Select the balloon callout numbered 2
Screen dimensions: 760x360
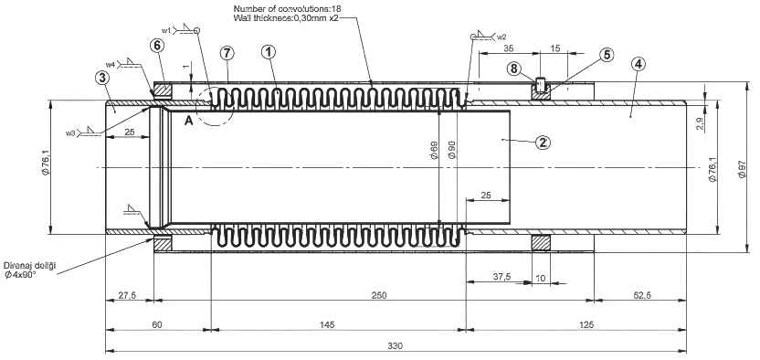click(x=544, y=142)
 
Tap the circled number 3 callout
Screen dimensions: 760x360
click(x=102, y=78)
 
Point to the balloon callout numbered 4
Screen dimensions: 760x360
click(x=639, y=64)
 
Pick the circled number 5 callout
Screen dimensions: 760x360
click(x=606, y=55)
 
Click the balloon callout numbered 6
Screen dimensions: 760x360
click(x=157, y=46)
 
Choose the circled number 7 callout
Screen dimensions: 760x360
click(x=227, y=53)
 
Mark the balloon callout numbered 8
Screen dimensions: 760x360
click(x=515, y=69)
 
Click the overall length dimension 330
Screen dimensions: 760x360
click(x=395, y=346)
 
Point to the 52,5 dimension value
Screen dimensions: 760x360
click(x=641, y=295)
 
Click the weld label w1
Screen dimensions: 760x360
click(x=166, y=30)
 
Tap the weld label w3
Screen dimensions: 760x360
click(x=69, y=132)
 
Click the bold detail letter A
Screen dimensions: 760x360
click(x=188, y=122)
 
